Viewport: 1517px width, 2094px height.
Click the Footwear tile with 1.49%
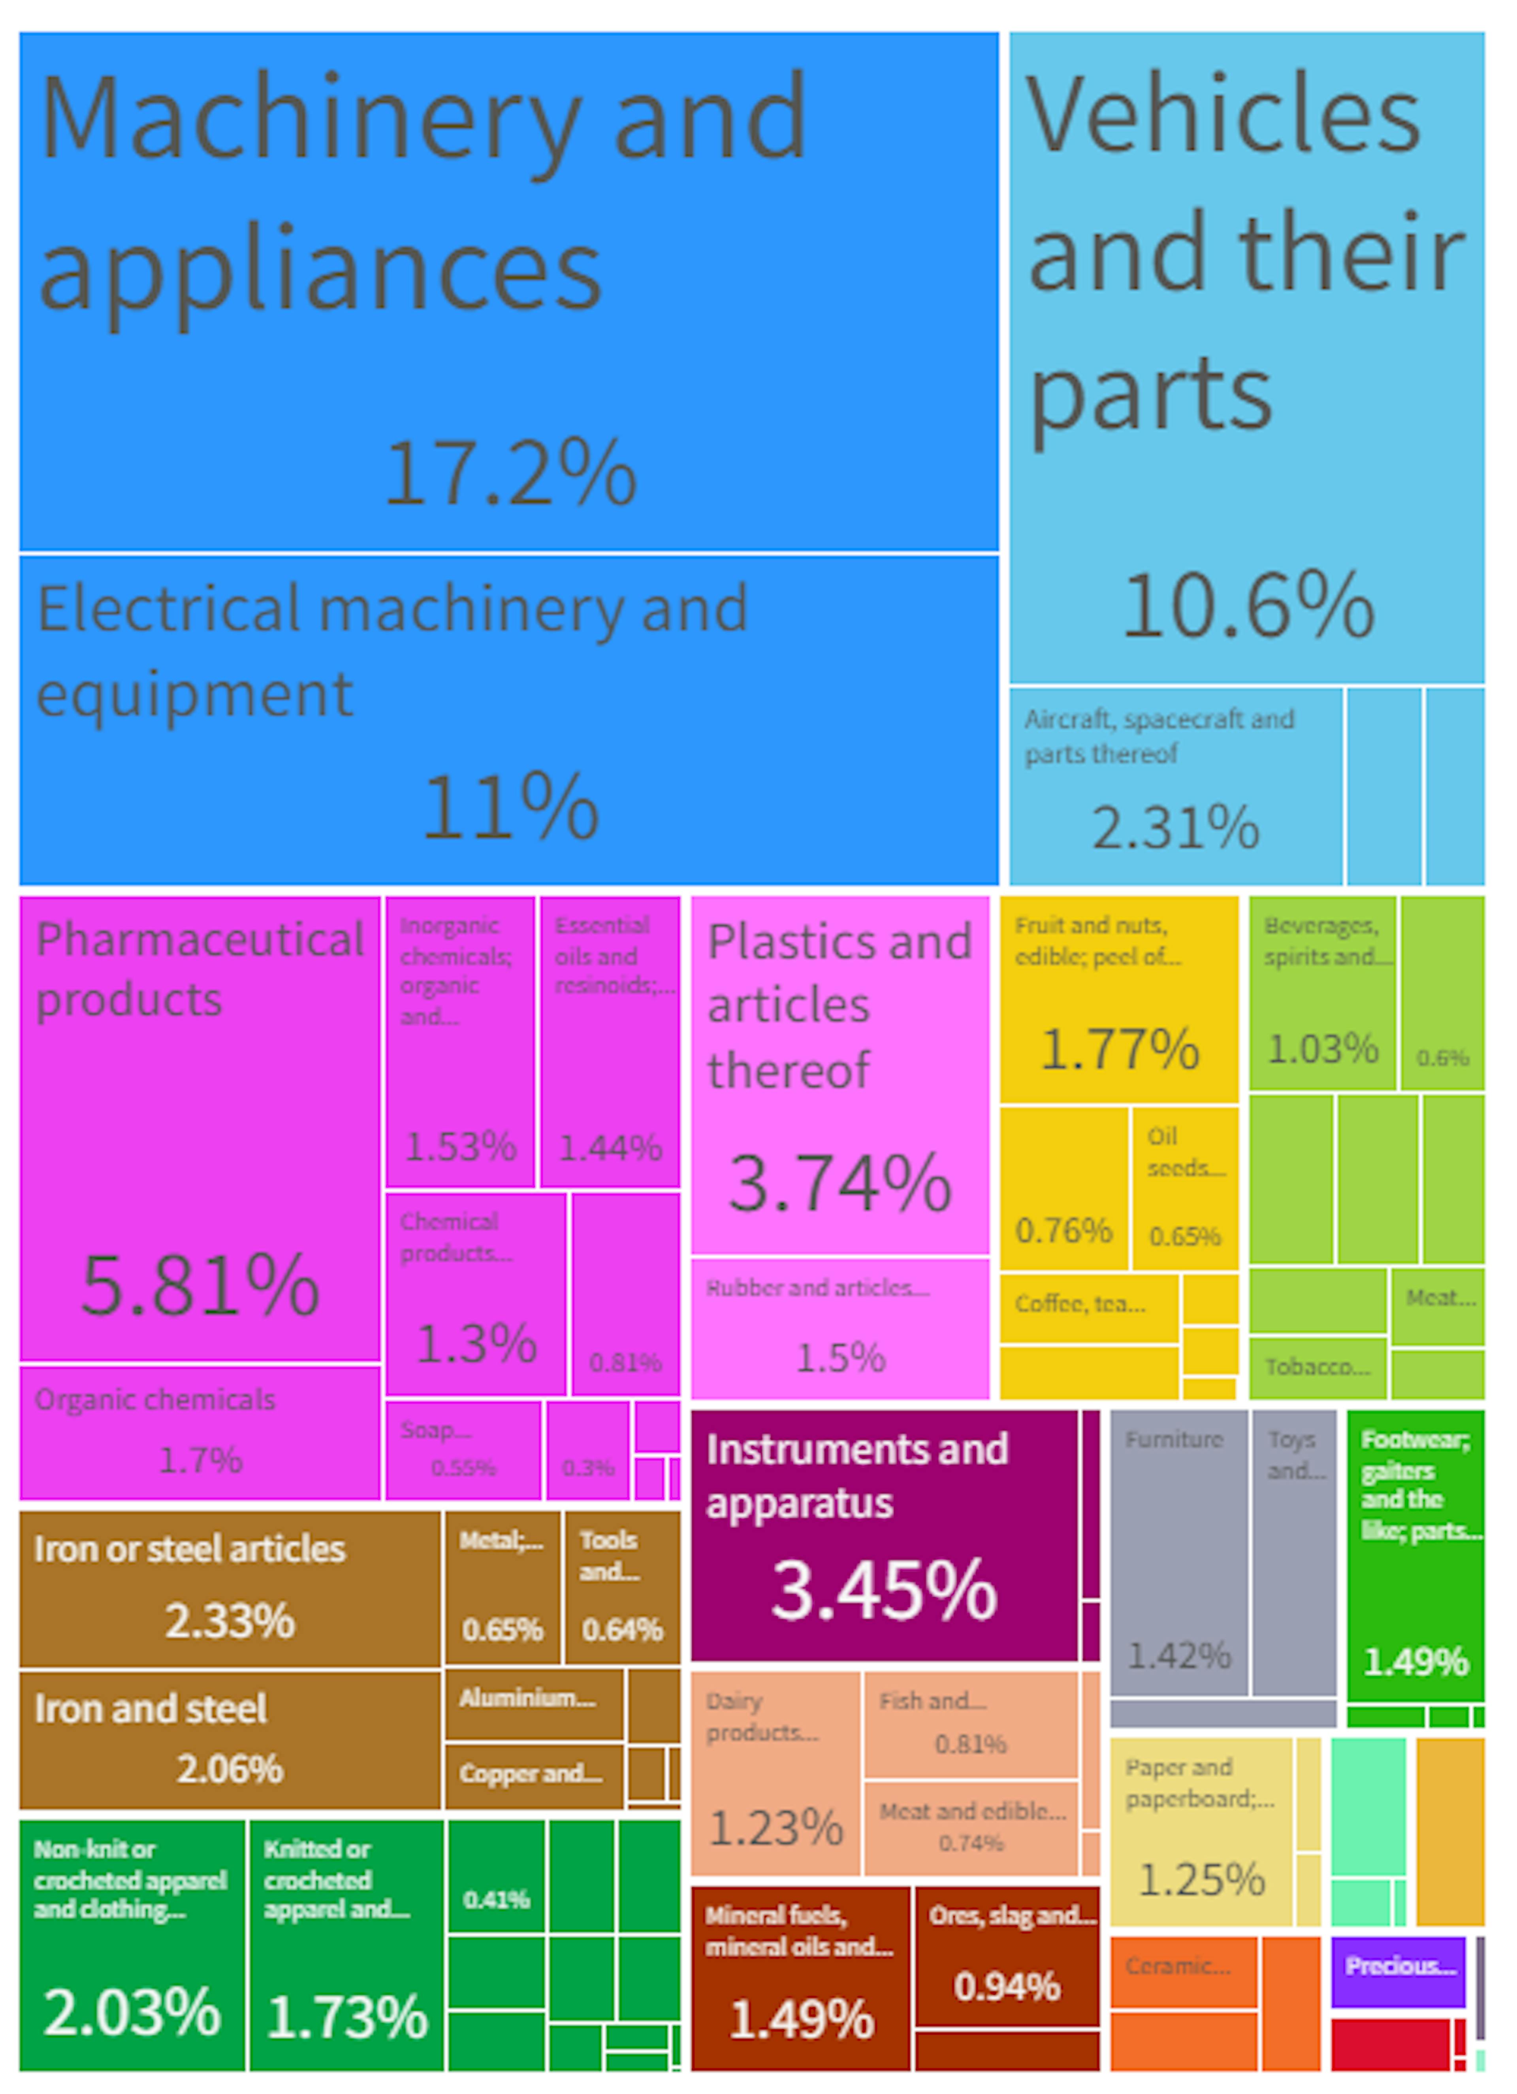tap(1415, 1556)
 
